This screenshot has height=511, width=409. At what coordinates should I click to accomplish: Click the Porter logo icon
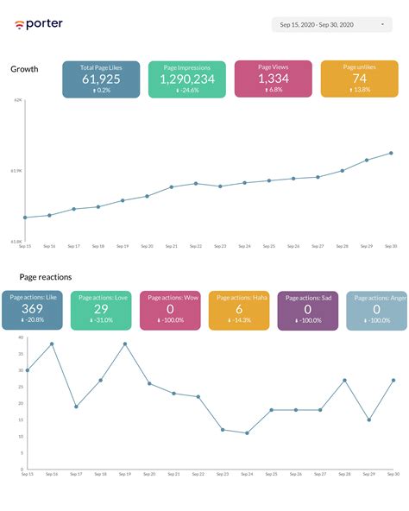point(19,24)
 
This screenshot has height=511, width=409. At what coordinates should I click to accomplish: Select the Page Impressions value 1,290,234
point(187,79)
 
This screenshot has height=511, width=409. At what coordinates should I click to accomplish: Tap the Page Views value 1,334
point(273,79)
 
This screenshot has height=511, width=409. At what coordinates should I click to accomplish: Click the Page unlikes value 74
point(360,79)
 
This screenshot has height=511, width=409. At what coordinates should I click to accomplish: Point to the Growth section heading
point(24,68)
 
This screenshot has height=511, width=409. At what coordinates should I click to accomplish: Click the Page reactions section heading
point(45,277)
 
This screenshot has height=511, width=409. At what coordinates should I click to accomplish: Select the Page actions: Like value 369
point(32,309)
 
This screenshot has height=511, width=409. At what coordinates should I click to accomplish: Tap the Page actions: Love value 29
point(101,309)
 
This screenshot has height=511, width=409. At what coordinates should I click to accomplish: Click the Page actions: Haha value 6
point(238,309)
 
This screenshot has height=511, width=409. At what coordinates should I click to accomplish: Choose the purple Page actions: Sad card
point(307,310)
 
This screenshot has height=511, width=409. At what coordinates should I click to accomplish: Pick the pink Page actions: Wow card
point(169,310)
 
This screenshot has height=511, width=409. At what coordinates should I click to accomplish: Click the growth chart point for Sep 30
point(392,153)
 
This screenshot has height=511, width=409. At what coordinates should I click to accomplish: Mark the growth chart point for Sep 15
point(25,218)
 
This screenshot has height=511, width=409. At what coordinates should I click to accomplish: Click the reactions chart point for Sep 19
point(125,344)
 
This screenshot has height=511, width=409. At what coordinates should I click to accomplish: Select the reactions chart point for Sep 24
point(247,433)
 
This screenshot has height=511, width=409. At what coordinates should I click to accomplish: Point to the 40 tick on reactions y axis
point(20,338)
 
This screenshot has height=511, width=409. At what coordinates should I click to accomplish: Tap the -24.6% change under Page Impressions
point(187,90)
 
